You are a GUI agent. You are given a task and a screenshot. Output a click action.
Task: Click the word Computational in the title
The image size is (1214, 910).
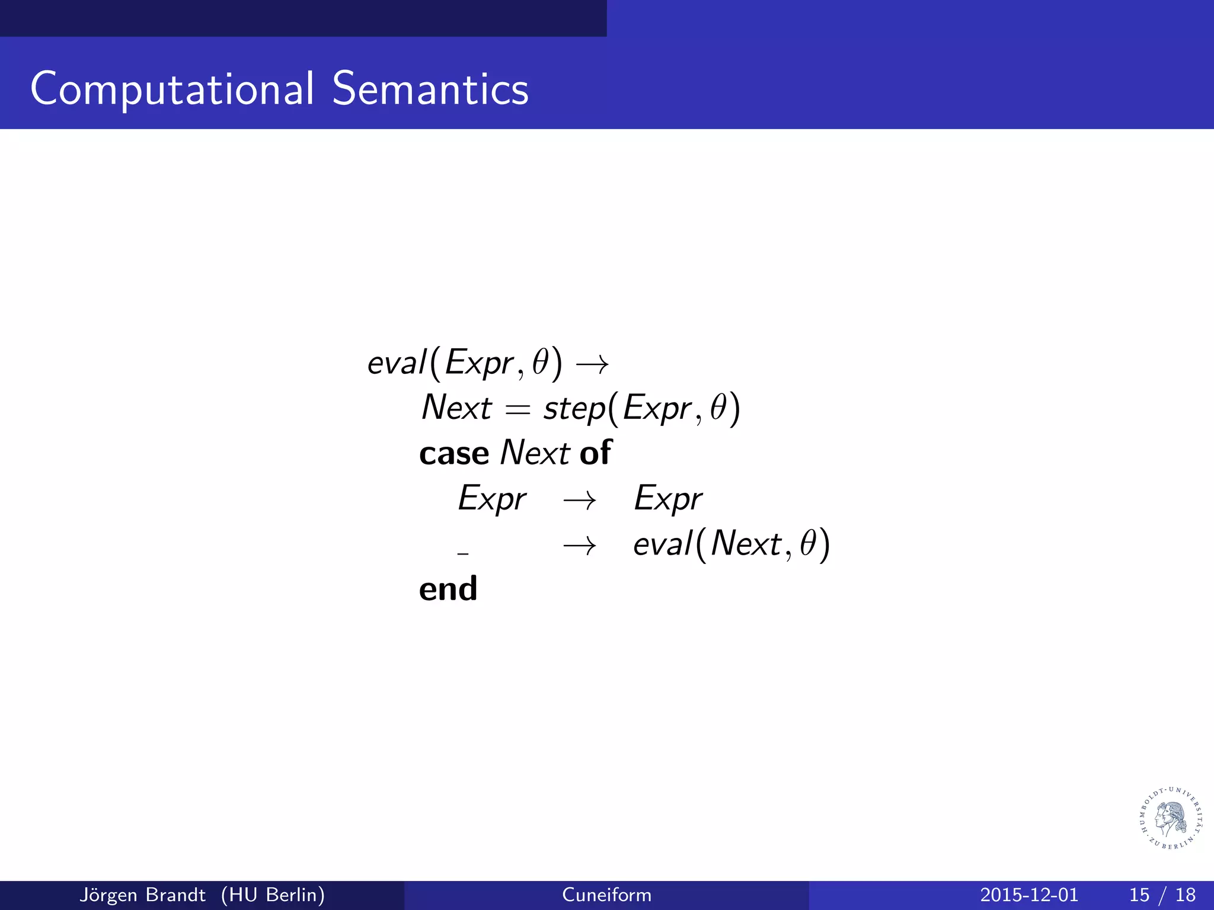172,89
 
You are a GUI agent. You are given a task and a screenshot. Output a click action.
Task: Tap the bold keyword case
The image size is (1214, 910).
453,454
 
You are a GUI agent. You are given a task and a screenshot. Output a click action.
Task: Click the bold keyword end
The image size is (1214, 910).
448,589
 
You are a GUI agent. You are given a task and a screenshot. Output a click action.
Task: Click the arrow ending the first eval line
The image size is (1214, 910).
592,364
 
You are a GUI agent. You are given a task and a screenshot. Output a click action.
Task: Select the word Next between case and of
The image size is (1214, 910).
534,453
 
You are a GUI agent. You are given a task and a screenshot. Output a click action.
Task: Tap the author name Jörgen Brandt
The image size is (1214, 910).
142,895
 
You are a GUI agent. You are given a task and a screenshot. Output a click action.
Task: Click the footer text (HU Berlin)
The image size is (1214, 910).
273,895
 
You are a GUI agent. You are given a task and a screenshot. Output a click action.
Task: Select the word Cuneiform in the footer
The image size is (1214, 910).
606,895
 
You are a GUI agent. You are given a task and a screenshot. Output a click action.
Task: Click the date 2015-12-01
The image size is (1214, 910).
1028,895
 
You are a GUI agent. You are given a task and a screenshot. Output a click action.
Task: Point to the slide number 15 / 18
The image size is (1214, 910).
1162,895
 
